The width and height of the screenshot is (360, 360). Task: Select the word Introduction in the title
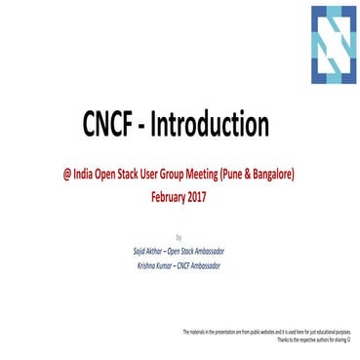tap(212, 126)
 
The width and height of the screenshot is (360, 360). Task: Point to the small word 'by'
tap(178, 237)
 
